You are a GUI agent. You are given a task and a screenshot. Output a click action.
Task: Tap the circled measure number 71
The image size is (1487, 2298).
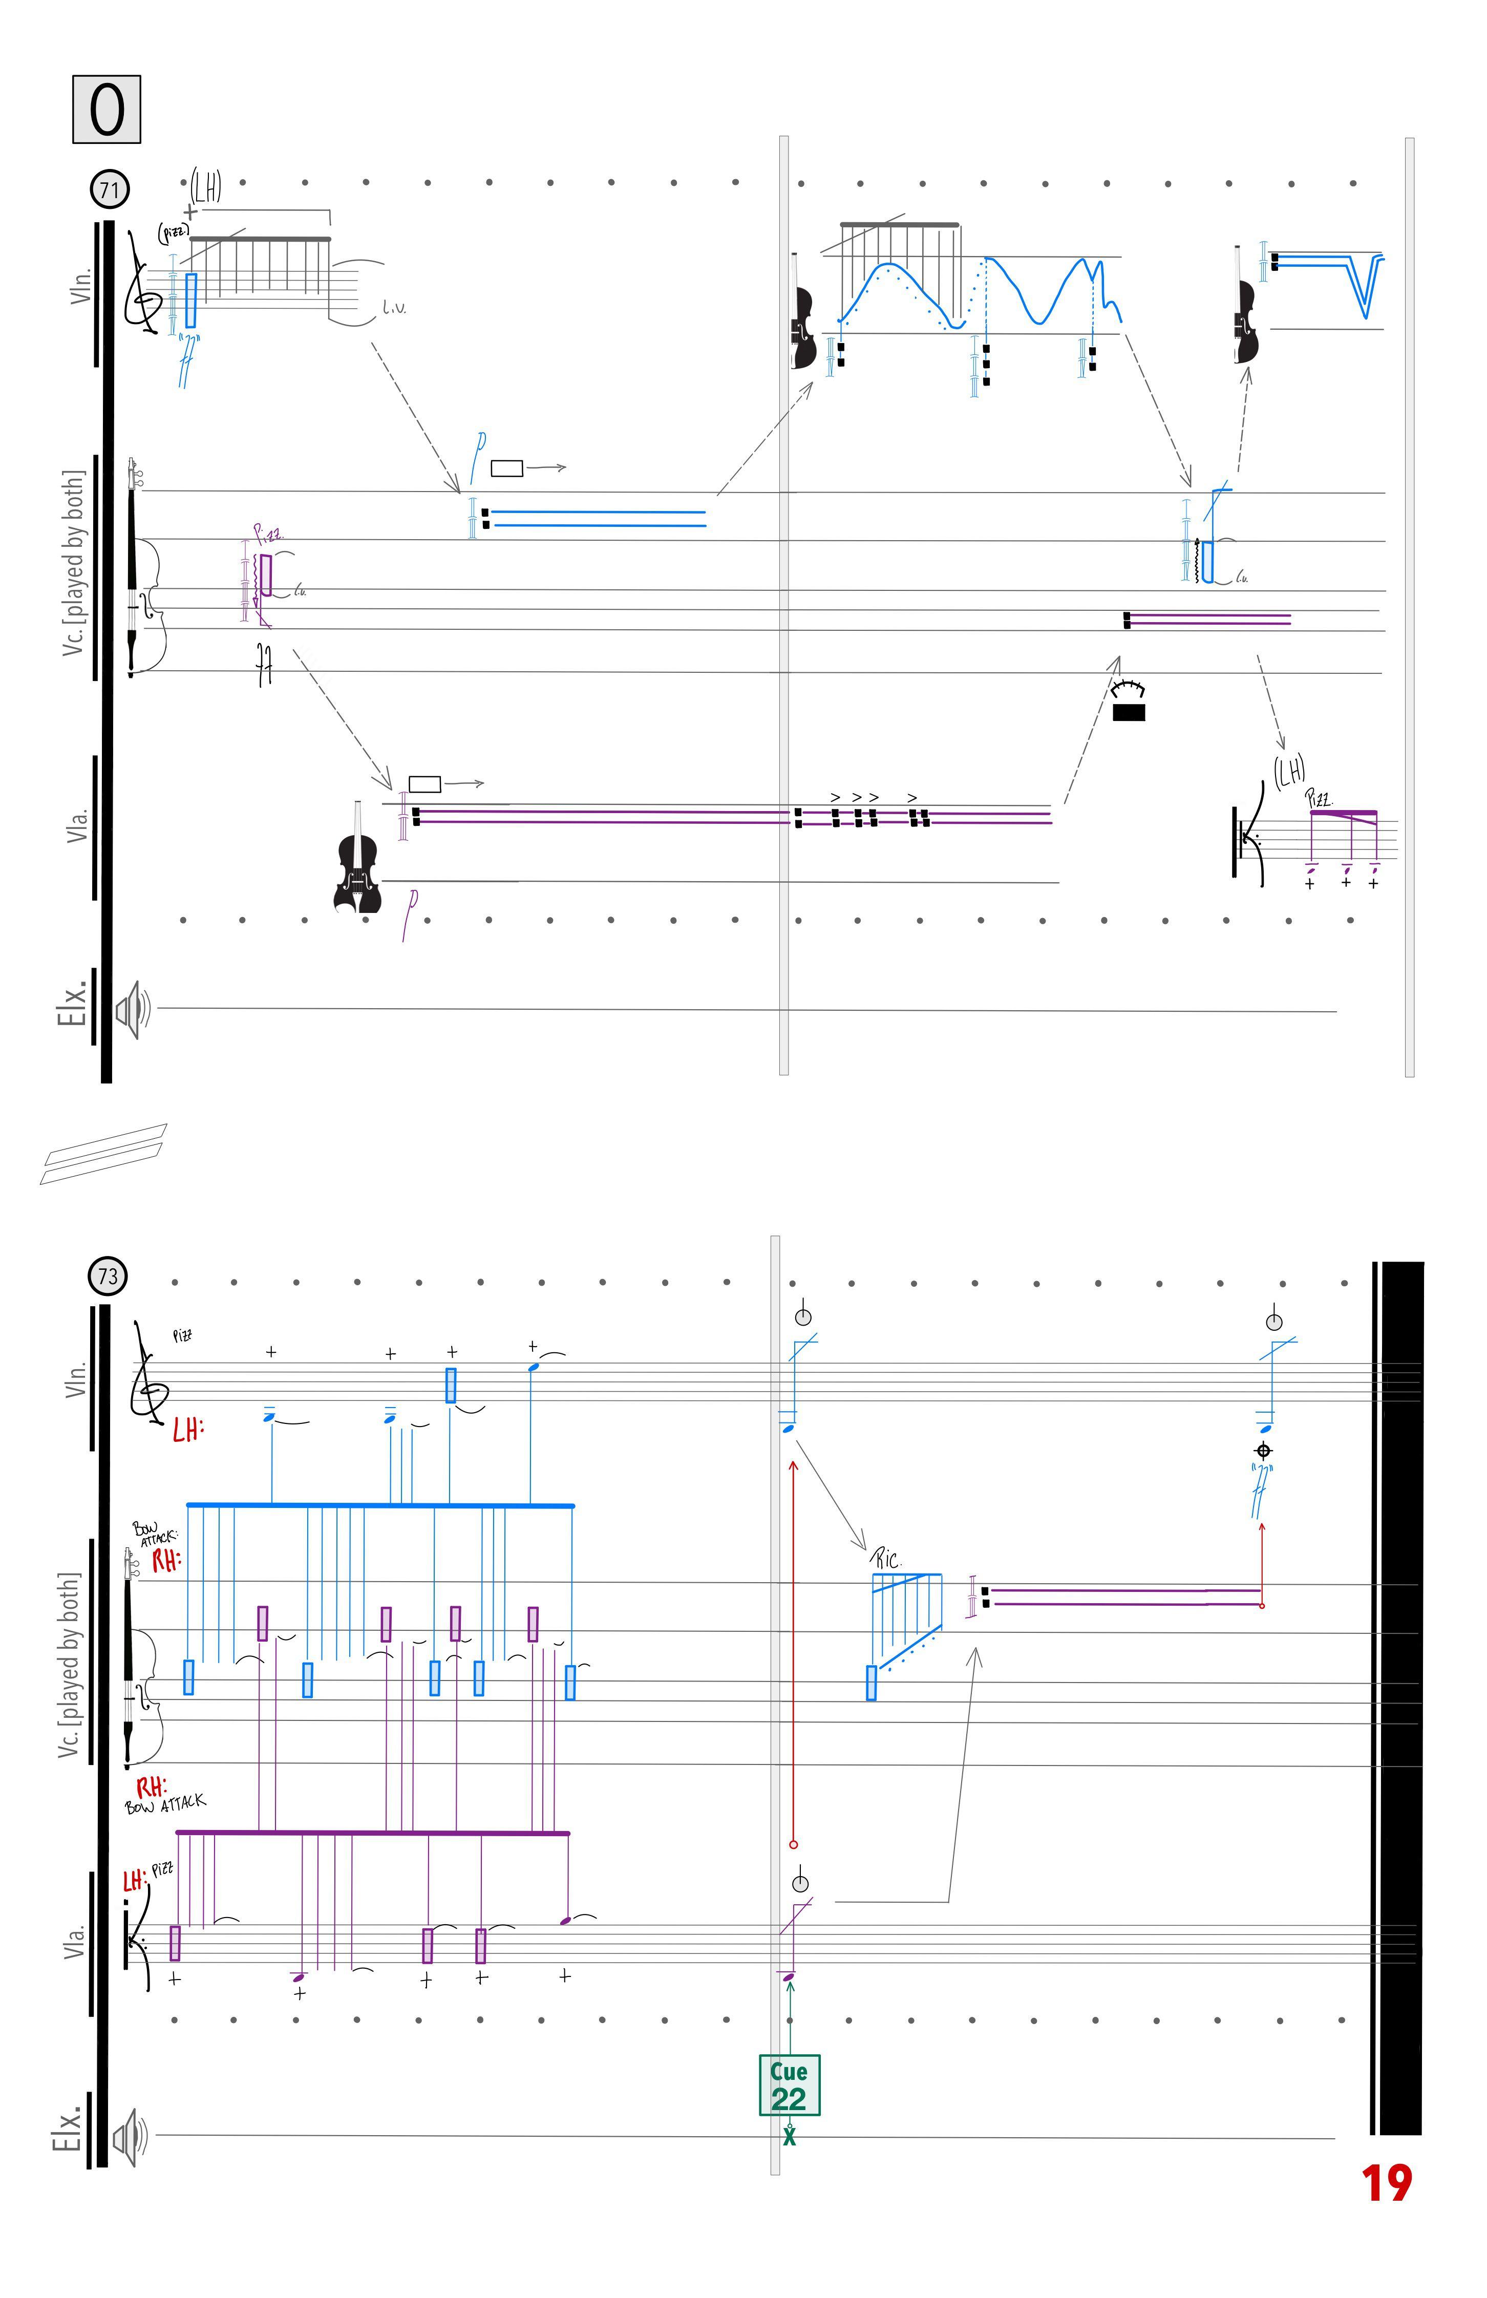tap(109, 189)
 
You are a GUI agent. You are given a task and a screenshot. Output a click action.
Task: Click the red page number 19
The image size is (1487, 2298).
tap(1387, 2184)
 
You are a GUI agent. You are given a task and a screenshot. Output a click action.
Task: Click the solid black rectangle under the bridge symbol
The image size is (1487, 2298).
tap(1128, 713)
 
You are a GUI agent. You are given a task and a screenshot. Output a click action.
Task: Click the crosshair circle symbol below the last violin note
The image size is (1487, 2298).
tap(1263, 1450)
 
